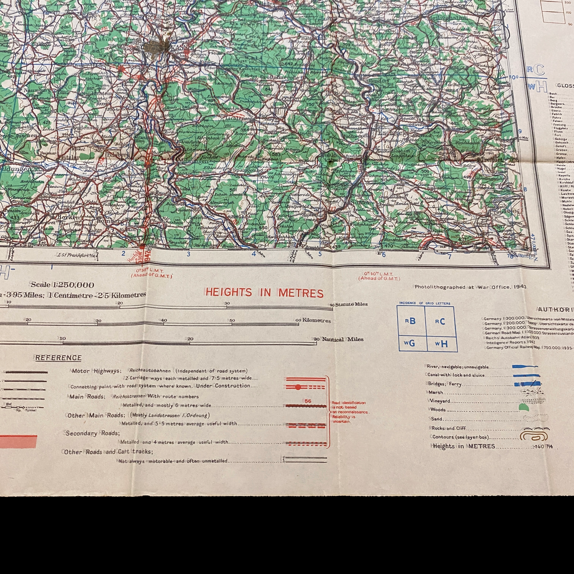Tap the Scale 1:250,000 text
point(63,285)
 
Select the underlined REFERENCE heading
point(58,358)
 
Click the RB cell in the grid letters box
point(411,321)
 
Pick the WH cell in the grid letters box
point(442,344)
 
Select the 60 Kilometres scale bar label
point(313,320)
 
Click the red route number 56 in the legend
point(308,401)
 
